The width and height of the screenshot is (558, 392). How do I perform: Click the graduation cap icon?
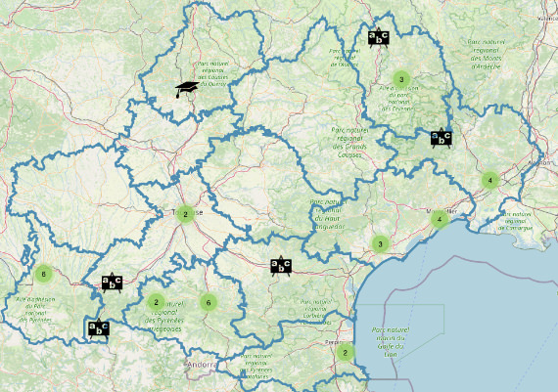(x=186, y=89)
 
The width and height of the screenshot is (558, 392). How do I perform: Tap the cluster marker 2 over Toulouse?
(x=184, y=214)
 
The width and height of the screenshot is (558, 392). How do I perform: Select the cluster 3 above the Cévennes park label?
(x=401, y=78)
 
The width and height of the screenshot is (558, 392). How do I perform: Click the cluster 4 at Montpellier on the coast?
(x=440, y=218)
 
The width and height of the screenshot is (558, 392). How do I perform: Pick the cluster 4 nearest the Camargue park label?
(x=488, y=180)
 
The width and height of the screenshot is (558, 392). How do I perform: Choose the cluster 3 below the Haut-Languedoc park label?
(x=380, y=244)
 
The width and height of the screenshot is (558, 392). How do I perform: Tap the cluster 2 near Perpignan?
(x=344, y=353)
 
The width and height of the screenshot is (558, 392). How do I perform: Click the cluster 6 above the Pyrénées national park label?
(x=42, y=273)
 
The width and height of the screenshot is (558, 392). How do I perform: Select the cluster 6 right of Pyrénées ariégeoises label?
(x=207, y=302)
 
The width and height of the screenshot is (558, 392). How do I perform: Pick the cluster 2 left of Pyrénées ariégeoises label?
(x=157, y=302)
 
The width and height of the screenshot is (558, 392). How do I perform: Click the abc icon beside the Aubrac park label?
(x=378, y=38)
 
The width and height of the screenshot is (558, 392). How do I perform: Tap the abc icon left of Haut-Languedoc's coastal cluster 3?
(x=281, y=265)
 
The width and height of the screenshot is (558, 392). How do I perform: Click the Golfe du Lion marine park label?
(x=391, y=342)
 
